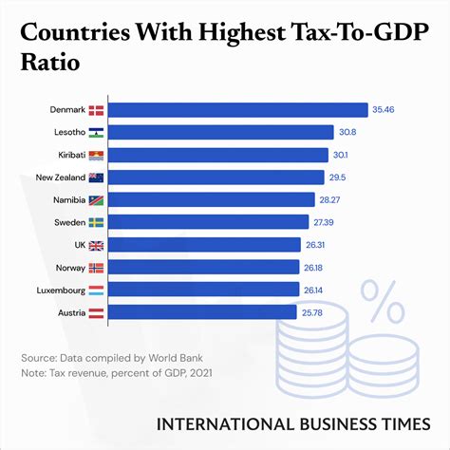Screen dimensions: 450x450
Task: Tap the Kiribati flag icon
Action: tap(96, 155)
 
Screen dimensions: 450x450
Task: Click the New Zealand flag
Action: tap(96, 177)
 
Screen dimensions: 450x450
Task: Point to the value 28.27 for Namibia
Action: tap(333, 199)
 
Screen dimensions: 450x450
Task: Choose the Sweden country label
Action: tap(66, 222)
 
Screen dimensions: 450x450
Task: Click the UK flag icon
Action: tap(96, 244)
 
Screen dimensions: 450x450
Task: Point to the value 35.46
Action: tap(384, 110)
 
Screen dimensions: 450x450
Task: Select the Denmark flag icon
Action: tap(96, 110)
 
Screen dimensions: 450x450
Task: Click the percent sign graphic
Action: tap(385, 303)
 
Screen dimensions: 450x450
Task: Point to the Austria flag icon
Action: tap(96, 311)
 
